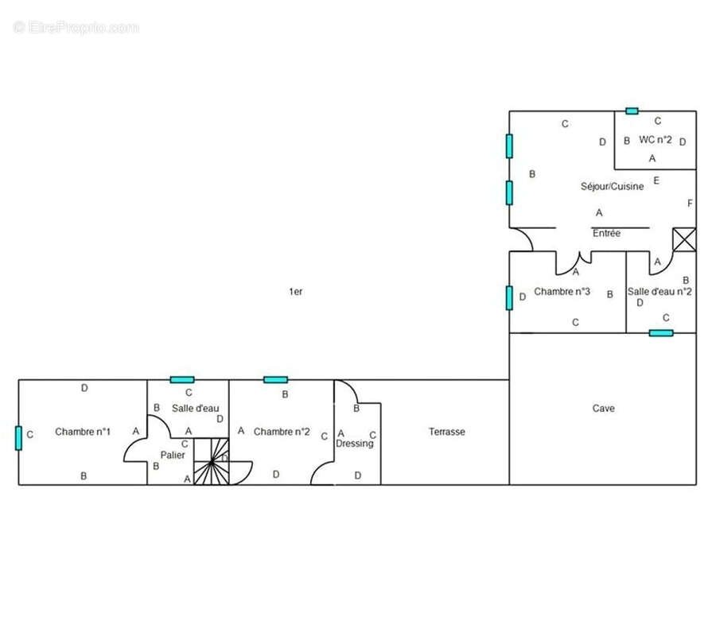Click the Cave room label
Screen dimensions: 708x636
pyautogui.click(x=603, y=408)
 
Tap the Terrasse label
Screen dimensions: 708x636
pyautogui.click(x=446, y=432)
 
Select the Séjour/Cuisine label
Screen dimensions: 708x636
pyautogui.click(x=612, y=186)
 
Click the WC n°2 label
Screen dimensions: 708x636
pyautogui.click(x=655, y=139)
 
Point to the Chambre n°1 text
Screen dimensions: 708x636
pyautogui.click(x=83, y=432)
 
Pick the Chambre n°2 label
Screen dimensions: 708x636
pyautogui.click(x=282, y=432)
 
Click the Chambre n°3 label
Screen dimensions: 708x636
pyautogui.click(x=562, y=291)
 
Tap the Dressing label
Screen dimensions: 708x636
pyautogui.click(x=355, y=444)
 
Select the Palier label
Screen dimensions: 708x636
pyautogui.click(x=173, y=455)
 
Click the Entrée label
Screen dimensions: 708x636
pyautogui.click(x=606, y=233)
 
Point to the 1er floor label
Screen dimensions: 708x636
pyautogui.click(x=296, y=292)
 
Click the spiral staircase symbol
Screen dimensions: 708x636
pyautogui.click(x=212, y=461)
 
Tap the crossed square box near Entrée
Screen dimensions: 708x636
pyautogui.click(x=684, y=239)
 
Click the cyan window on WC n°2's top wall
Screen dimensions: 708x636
pyautogui.click(x=632, y=111)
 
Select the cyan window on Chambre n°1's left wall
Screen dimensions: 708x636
pyautogui.click(x=18, y=438)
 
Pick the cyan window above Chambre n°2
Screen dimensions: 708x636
pyautogui.click(x=275, y=380)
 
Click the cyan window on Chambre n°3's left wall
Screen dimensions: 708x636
pyautogui.click(x=509, y=298)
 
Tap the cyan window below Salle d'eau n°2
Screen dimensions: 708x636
pyautogui.click(x=661, y=333)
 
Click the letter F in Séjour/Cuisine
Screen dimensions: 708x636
pyautogui.click(x=690, y=204)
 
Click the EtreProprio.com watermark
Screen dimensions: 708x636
pyautogui.click(x=76, y=28)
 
